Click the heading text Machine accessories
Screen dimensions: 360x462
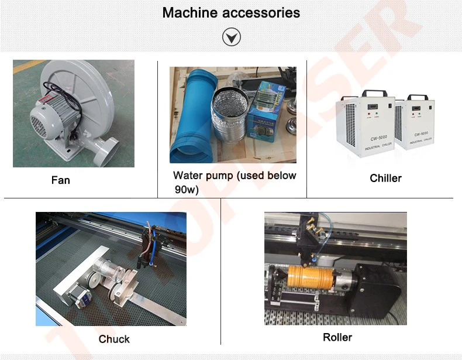(231, 12)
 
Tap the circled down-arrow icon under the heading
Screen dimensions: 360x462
(231, 38)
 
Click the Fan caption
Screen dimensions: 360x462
(60, 180)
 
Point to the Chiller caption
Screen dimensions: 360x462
(385, 178)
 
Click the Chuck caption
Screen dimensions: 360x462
(114, 339)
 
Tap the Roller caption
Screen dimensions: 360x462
(337, 337)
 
